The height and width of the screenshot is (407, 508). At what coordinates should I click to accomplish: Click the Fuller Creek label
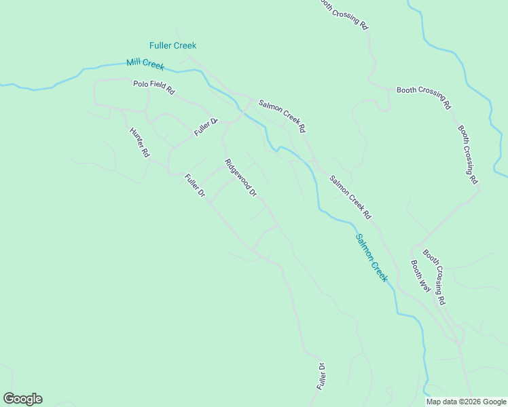coord(173,45)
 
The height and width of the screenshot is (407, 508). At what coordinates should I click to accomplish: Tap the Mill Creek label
coord(145,64)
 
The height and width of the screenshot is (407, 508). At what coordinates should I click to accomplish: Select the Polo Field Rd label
coord(154,88)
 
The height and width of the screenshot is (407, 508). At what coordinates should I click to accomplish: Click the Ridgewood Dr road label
coord(241,178)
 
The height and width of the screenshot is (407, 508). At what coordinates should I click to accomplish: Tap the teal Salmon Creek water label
coord(371,258)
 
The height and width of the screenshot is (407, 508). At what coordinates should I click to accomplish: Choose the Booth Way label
coord(420,275)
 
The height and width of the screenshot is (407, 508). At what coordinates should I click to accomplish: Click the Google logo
coord(22,399)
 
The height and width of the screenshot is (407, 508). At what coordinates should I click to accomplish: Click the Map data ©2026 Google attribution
coord(467,402)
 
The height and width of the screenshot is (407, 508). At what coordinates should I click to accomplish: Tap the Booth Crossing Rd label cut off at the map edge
coord(344,14)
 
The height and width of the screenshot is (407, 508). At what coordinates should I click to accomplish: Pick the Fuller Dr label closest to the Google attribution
coord(322,376)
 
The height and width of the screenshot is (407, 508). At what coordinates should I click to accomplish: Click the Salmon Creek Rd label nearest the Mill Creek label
coord(283,115)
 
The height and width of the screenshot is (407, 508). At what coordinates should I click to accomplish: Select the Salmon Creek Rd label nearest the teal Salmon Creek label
coord(350,197)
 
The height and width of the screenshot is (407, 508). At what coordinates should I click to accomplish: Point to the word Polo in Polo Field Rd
coord(140,85)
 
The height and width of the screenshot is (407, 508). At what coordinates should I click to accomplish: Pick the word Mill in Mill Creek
coord(133,63)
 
